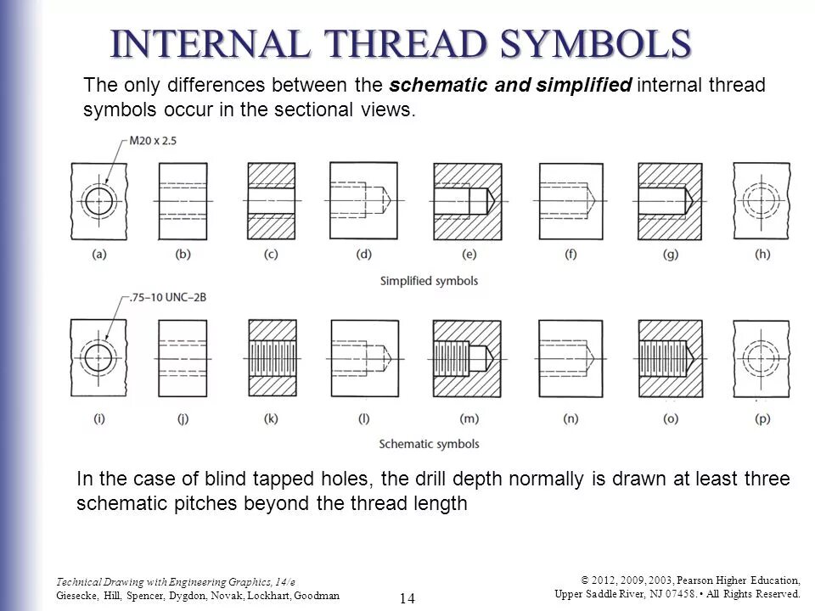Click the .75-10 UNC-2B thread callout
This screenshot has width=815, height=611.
click(x=158, y=297)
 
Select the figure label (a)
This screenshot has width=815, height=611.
click(x=99, y=255)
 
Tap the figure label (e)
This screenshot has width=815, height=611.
click(x=468, y=255)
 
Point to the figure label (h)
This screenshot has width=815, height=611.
click(x=762, y=255)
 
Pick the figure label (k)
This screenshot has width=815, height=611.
click(x=272, y=418)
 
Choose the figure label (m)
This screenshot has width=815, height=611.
click(x=468, y=418)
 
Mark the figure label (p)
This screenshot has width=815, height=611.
click(x=762, y=418)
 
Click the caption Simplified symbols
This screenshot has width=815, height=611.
click(x=429, y=281)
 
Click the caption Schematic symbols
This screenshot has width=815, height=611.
click(x=429, y=444)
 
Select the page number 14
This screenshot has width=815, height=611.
click(x=407, y=598)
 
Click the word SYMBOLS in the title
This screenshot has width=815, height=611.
click(x=598, y=45)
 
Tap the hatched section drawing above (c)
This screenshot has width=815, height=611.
click(x=272, y=201)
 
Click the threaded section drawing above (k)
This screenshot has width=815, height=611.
click(x=272, y=357)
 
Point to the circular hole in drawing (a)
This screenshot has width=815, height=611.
click(x=99, y=201)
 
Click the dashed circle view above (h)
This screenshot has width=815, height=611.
click(x=762, y=201)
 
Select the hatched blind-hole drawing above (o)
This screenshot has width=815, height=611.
click(x=670, y=357)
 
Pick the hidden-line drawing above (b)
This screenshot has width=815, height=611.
click(x=183, y=201)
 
